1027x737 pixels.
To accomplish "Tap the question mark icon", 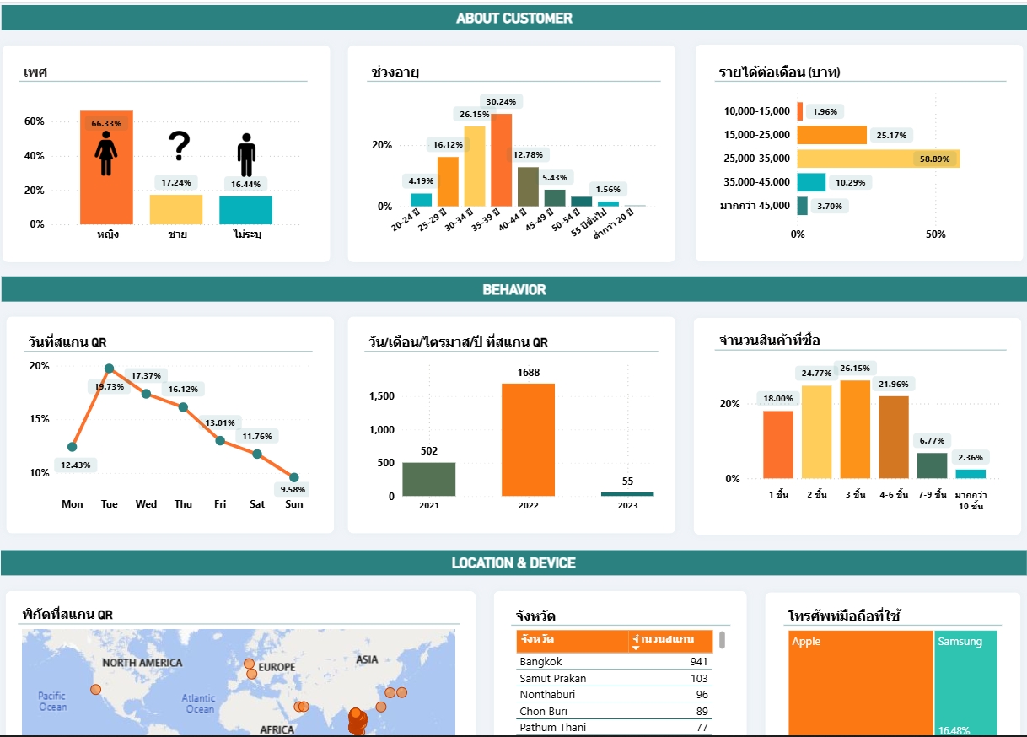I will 179,146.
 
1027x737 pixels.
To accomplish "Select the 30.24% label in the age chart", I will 501,101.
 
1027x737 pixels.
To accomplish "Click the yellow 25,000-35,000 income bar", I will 877,159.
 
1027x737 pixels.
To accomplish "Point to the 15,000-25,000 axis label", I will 756,135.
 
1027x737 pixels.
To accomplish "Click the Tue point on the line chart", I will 110,368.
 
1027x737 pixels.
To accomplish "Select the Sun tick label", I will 293,504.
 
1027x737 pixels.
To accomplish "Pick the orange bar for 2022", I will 528,439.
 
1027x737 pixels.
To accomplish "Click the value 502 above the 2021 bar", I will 429,451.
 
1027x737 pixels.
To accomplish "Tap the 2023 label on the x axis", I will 627,506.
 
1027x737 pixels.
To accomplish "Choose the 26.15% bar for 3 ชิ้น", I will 855,429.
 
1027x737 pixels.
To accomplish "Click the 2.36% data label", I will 971,458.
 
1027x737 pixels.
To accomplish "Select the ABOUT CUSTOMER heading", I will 513,18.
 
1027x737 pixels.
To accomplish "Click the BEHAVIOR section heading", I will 513,289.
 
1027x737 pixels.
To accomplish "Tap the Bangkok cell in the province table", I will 540,662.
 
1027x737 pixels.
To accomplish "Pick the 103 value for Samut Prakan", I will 698,679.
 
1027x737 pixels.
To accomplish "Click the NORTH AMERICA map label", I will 142,663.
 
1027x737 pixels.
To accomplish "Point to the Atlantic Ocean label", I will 199,703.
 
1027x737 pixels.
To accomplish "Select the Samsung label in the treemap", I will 960,642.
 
